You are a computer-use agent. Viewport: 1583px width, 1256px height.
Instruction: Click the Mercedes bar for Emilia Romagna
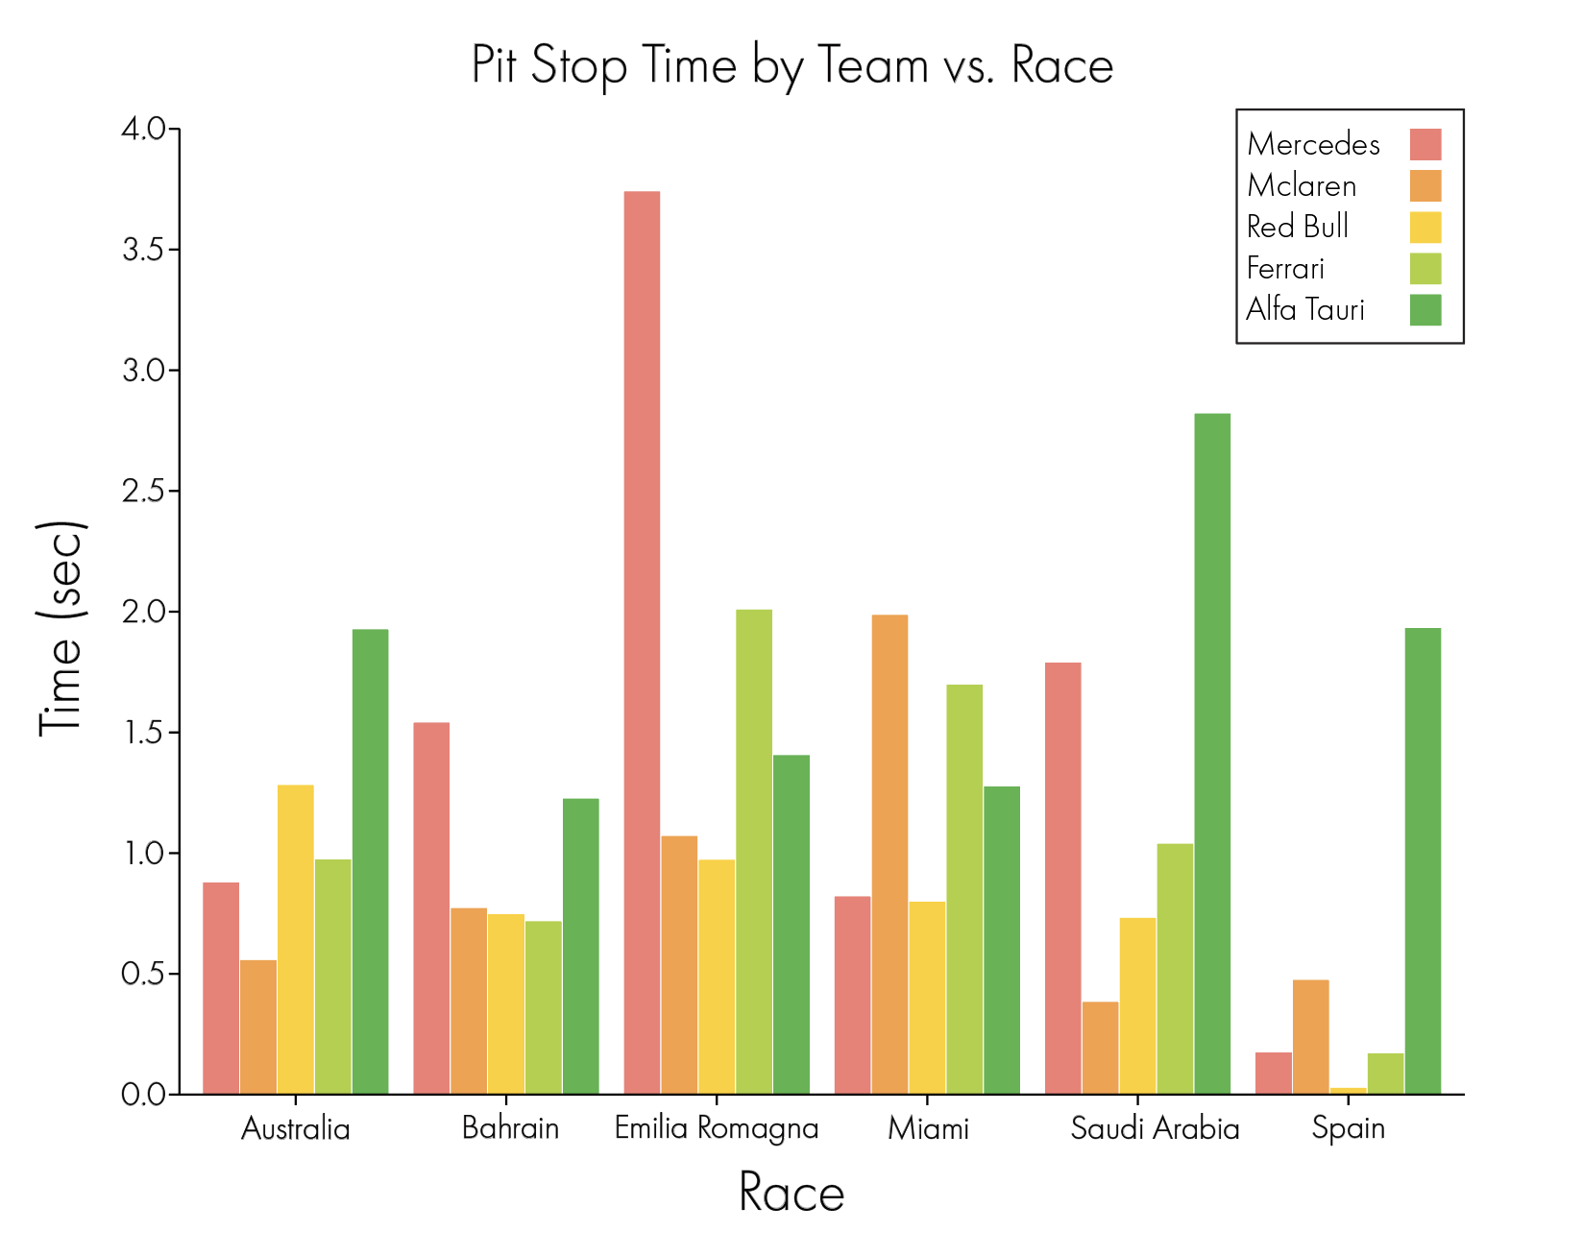642,643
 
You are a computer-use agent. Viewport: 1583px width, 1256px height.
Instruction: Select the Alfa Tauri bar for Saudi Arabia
1212,754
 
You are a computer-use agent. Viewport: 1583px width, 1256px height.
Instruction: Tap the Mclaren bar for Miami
889,855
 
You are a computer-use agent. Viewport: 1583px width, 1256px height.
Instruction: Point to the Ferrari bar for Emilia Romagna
754,852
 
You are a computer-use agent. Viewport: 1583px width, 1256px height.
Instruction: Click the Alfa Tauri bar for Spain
1423,861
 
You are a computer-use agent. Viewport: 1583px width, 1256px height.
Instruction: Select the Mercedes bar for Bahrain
431,908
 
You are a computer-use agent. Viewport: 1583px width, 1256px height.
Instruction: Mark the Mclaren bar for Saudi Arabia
1100,1049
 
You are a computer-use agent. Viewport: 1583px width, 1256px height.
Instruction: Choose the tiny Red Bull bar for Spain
1348,1091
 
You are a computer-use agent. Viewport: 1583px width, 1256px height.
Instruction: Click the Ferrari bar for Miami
964,889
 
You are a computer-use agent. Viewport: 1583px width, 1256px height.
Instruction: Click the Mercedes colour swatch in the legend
1425,144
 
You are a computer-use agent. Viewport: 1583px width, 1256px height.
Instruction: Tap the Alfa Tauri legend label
1305,310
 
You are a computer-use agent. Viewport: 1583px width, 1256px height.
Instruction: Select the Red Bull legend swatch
1425,228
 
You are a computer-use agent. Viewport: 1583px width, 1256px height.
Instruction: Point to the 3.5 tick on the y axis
174,250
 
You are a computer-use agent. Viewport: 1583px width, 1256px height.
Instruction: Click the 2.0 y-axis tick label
144,612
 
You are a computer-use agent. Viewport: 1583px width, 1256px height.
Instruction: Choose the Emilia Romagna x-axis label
717,1128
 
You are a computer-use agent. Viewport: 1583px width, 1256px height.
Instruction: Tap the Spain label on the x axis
1348,1128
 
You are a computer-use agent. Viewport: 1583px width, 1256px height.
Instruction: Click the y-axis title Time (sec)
61,630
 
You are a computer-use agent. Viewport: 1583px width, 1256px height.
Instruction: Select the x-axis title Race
791,1194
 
